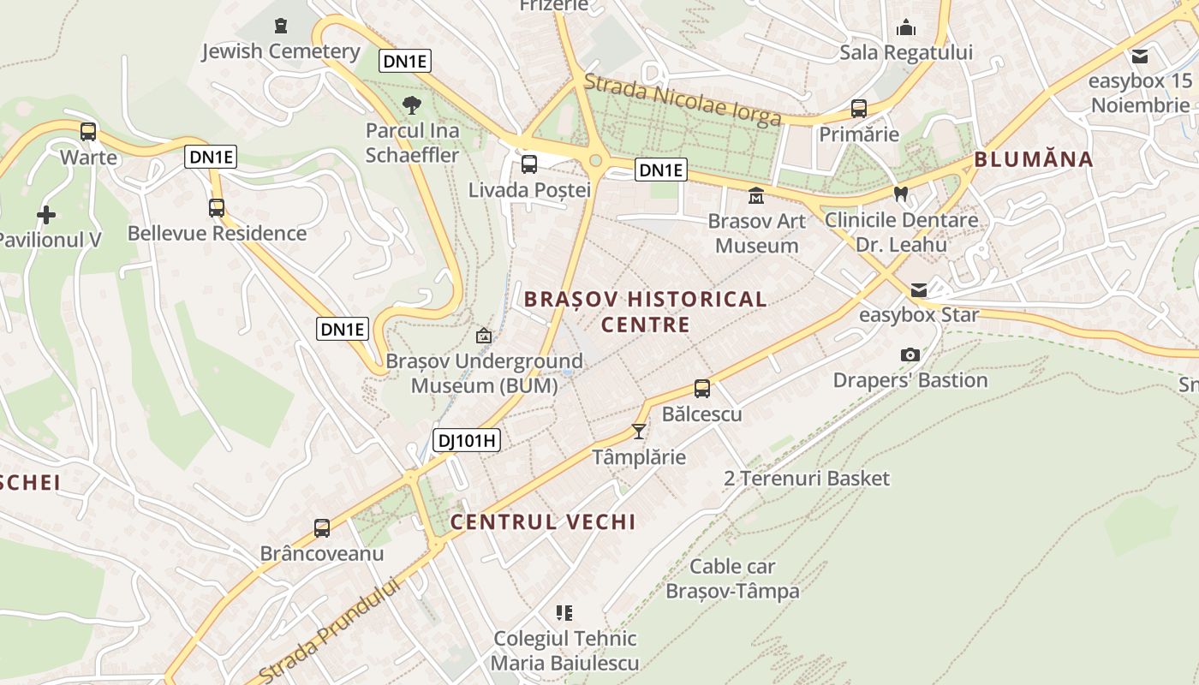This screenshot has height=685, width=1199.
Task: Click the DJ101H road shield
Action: (466, 441)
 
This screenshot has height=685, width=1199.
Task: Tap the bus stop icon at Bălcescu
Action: (702, 389)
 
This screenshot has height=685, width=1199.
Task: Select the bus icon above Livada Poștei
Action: (529, 164)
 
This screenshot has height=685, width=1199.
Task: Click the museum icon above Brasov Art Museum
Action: (756, 196)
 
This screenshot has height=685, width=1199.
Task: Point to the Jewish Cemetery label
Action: (281, 51)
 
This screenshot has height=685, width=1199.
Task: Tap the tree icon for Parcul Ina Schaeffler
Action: (412, 105)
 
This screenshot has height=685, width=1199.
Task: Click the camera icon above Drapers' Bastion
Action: (910, 354)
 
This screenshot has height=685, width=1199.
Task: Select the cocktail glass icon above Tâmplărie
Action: (639, 431)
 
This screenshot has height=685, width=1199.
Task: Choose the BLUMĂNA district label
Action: (1034, 159)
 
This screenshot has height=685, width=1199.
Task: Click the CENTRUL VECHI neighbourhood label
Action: (543, 521)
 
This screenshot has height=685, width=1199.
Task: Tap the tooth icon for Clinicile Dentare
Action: (900, 194)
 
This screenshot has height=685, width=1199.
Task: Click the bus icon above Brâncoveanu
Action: (322, 528)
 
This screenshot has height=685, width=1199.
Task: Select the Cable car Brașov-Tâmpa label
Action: (732, 579)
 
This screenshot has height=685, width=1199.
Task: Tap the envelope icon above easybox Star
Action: (919, 289)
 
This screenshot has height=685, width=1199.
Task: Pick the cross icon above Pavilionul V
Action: (46, 215)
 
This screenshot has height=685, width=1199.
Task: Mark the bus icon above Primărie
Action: (859, 109)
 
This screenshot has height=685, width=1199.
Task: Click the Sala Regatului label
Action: (906, 52)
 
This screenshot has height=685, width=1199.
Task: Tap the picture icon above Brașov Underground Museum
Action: (484, 336)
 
